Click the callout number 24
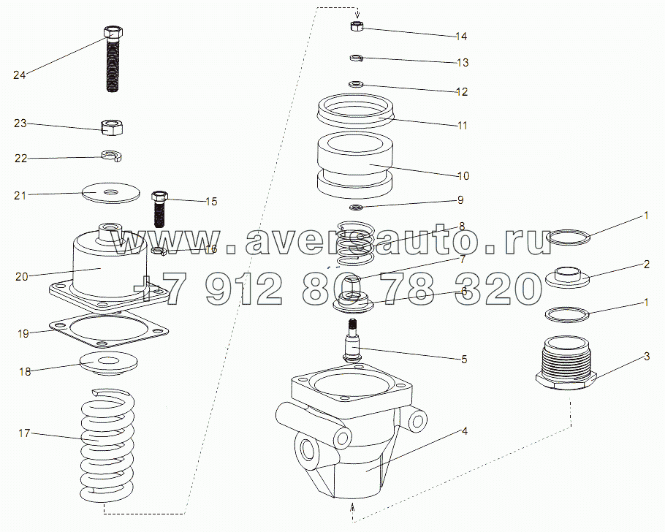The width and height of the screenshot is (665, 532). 20,75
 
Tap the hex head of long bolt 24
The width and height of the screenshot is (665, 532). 113,32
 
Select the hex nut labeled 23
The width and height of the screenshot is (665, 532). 113,127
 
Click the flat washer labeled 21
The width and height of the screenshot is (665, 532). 111,193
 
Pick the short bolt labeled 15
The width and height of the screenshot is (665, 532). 159,209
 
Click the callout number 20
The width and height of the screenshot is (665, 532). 22,277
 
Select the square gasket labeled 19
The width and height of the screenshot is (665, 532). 109,328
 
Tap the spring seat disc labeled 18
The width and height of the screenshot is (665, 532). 109,363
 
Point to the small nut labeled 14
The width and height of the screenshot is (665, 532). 357,26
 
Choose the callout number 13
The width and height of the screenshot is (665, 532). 463,62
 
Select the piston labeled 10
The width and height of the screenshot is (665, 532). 355,165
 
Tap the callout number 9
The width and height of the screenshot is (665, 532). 460,199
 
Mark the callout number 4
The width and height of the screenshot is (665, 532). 464,431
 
